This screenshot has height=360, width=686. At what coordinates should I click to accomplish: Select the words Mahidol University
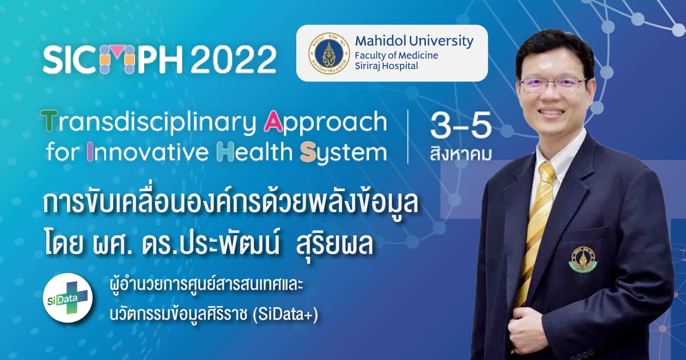point(414,41)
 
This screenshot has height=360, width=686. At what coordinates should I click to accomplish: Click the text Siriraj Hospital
point(386,66)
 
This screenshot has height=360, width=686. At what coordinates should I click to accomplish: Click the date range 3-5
point(460,126)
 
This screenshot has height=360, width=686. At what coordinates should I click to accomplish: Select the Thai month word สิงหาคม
point(460,153)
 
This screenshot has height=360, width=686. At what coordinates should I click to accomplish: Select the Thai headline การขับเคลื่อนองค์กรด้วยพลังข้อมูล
point(231,204)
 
